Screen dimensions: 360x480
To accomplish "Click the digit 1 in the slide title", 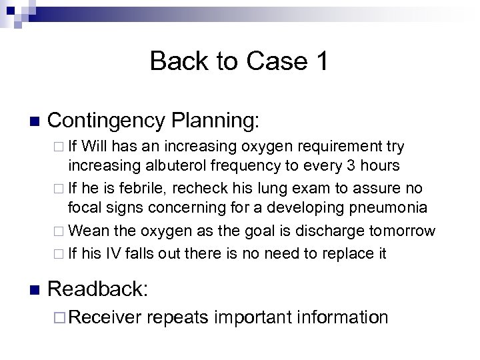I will click(x=319, y=62).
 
